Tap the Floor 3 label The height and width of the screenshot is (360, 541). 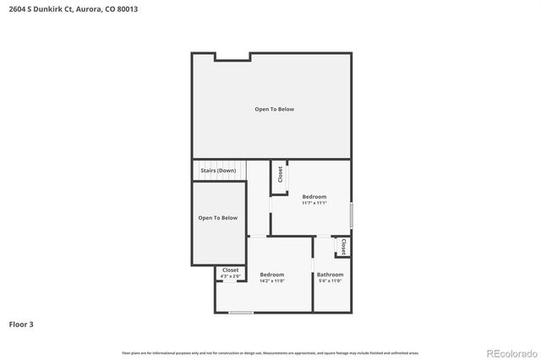[x=21, y=324]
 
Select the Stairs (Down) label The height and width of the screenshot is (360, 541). [x=218, y=171]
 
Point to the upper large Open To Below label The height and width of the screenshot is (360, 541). [x=275, y=109]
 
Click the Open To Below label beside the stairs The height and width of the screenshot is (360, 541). [x=218, y=218]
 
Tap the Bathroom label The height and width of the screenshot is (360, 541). [x=330, y=275]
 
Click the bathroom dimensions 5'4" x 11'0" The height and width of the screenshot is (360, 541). [x=330, y=281]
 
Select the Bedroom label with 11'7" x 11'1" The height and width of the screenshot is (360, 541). [x=314, y=197]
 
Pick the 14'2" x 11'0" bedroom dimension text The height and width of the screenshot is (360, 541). [x=272, y=281]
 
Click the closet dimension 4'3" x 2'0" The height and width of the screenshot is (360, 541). [x=231, y=276]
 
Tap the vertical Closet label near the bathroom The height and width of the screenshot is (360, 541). [x=344, y=247]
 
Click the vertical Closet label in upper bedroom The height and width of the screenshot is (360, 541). [x=280, y=174]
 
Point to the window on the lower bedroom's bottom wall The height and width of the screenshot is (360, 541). [x=241, y=313]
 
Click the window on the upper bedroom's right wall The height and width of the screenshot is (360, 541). [x=351, y=214]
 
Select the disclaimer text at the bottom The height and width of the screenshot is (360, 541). [x=270, y=352]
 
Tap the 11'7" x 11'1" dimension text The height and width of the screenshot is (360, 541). [x=314, y=203]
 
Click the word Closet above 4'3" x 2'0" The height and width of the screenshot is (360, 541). [x=231, y=270]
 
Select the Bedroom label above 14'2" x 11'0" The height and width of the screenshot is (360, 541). [x=272, y=275]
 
